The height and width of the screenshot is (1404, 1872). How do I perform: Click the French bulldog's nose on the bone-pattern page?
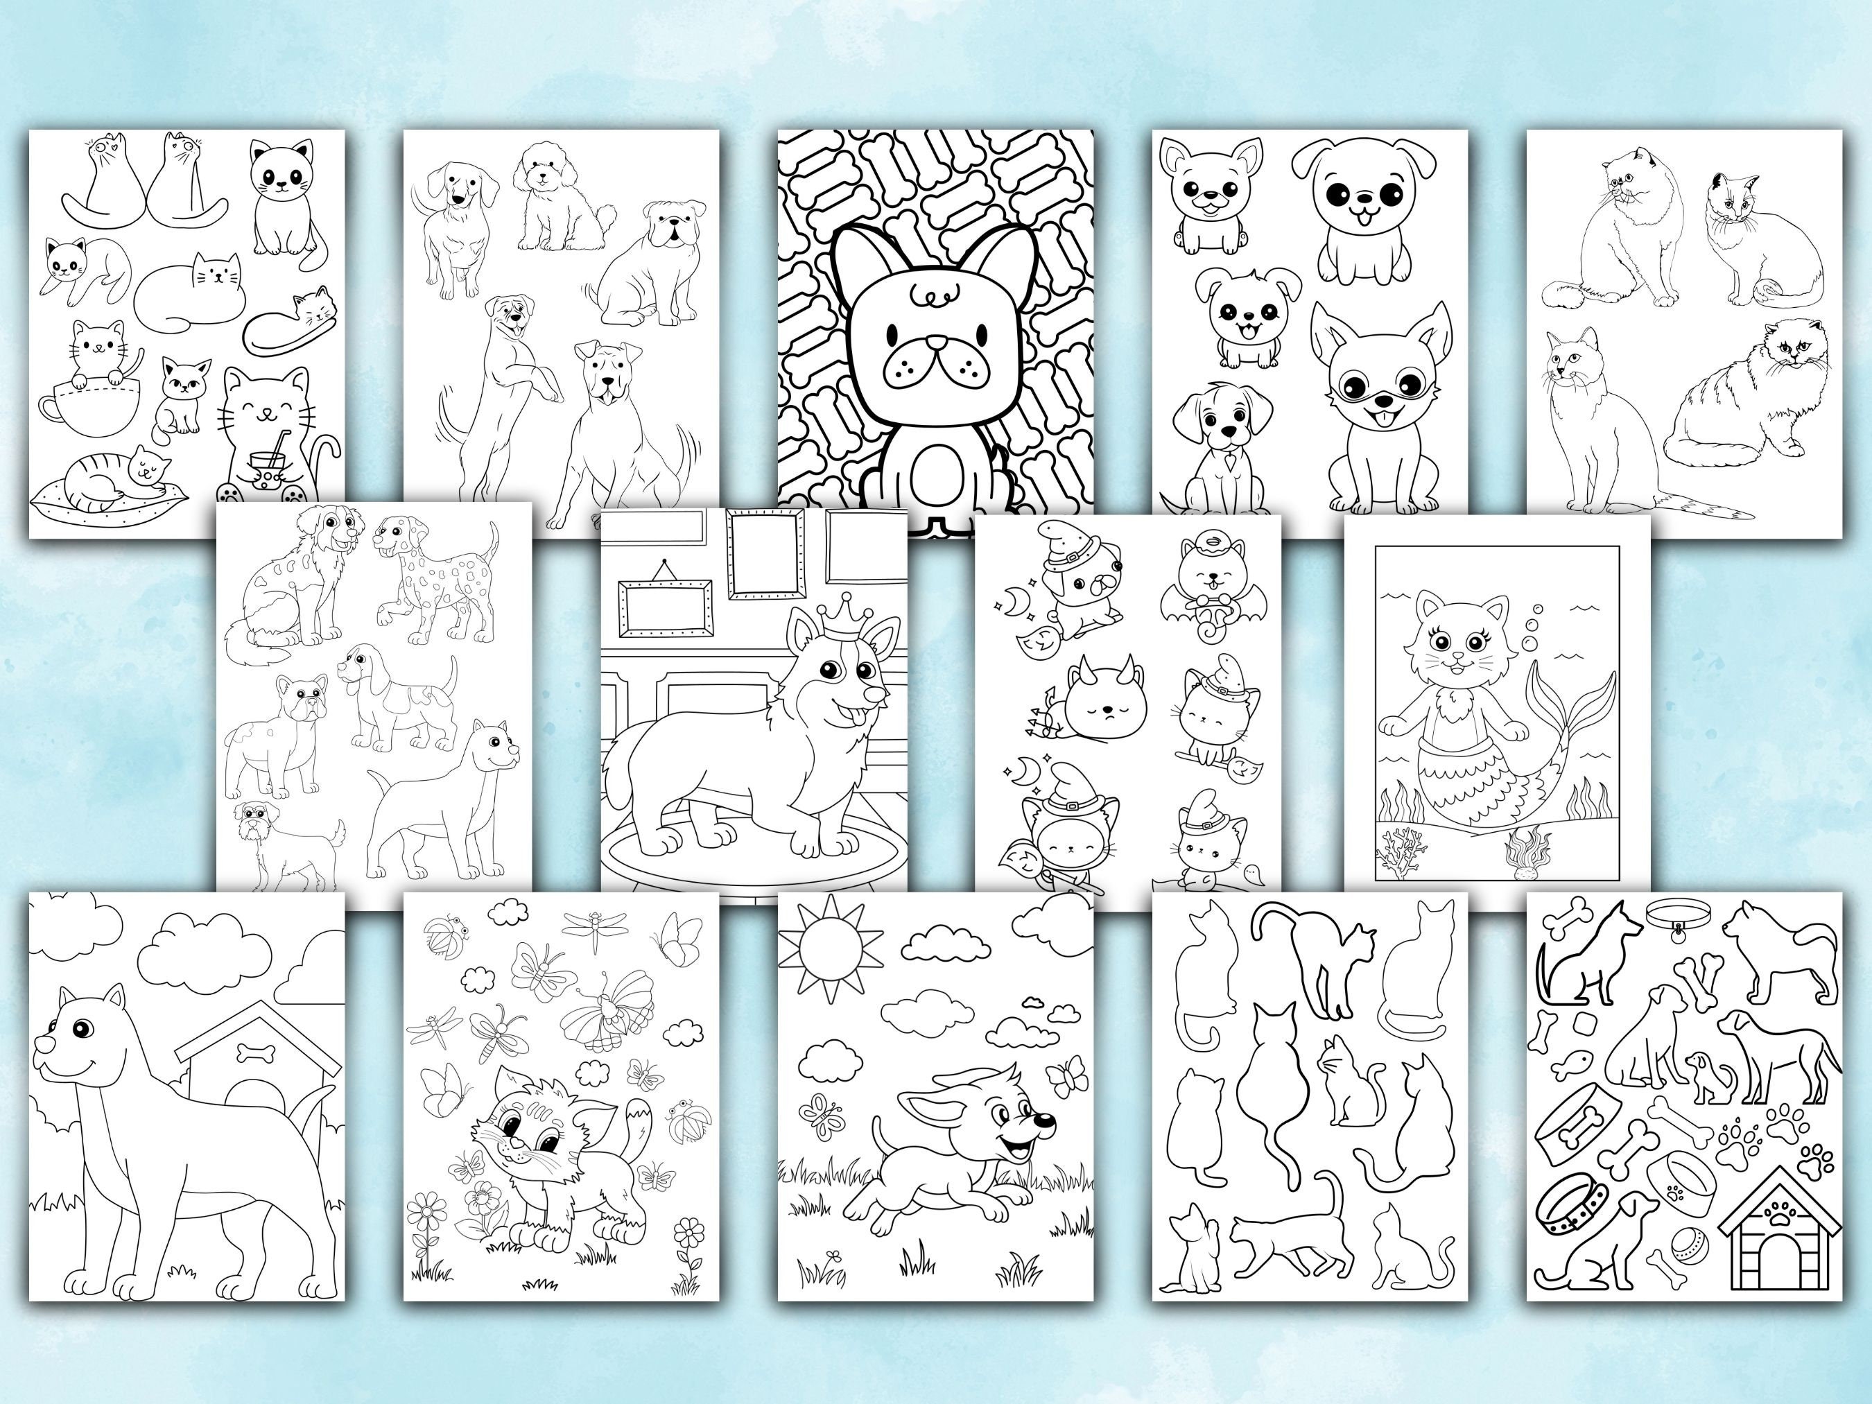(x=936, y=343)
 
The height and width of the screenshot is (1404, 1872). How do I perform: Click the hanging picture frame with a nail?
(x=664, y=606)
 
